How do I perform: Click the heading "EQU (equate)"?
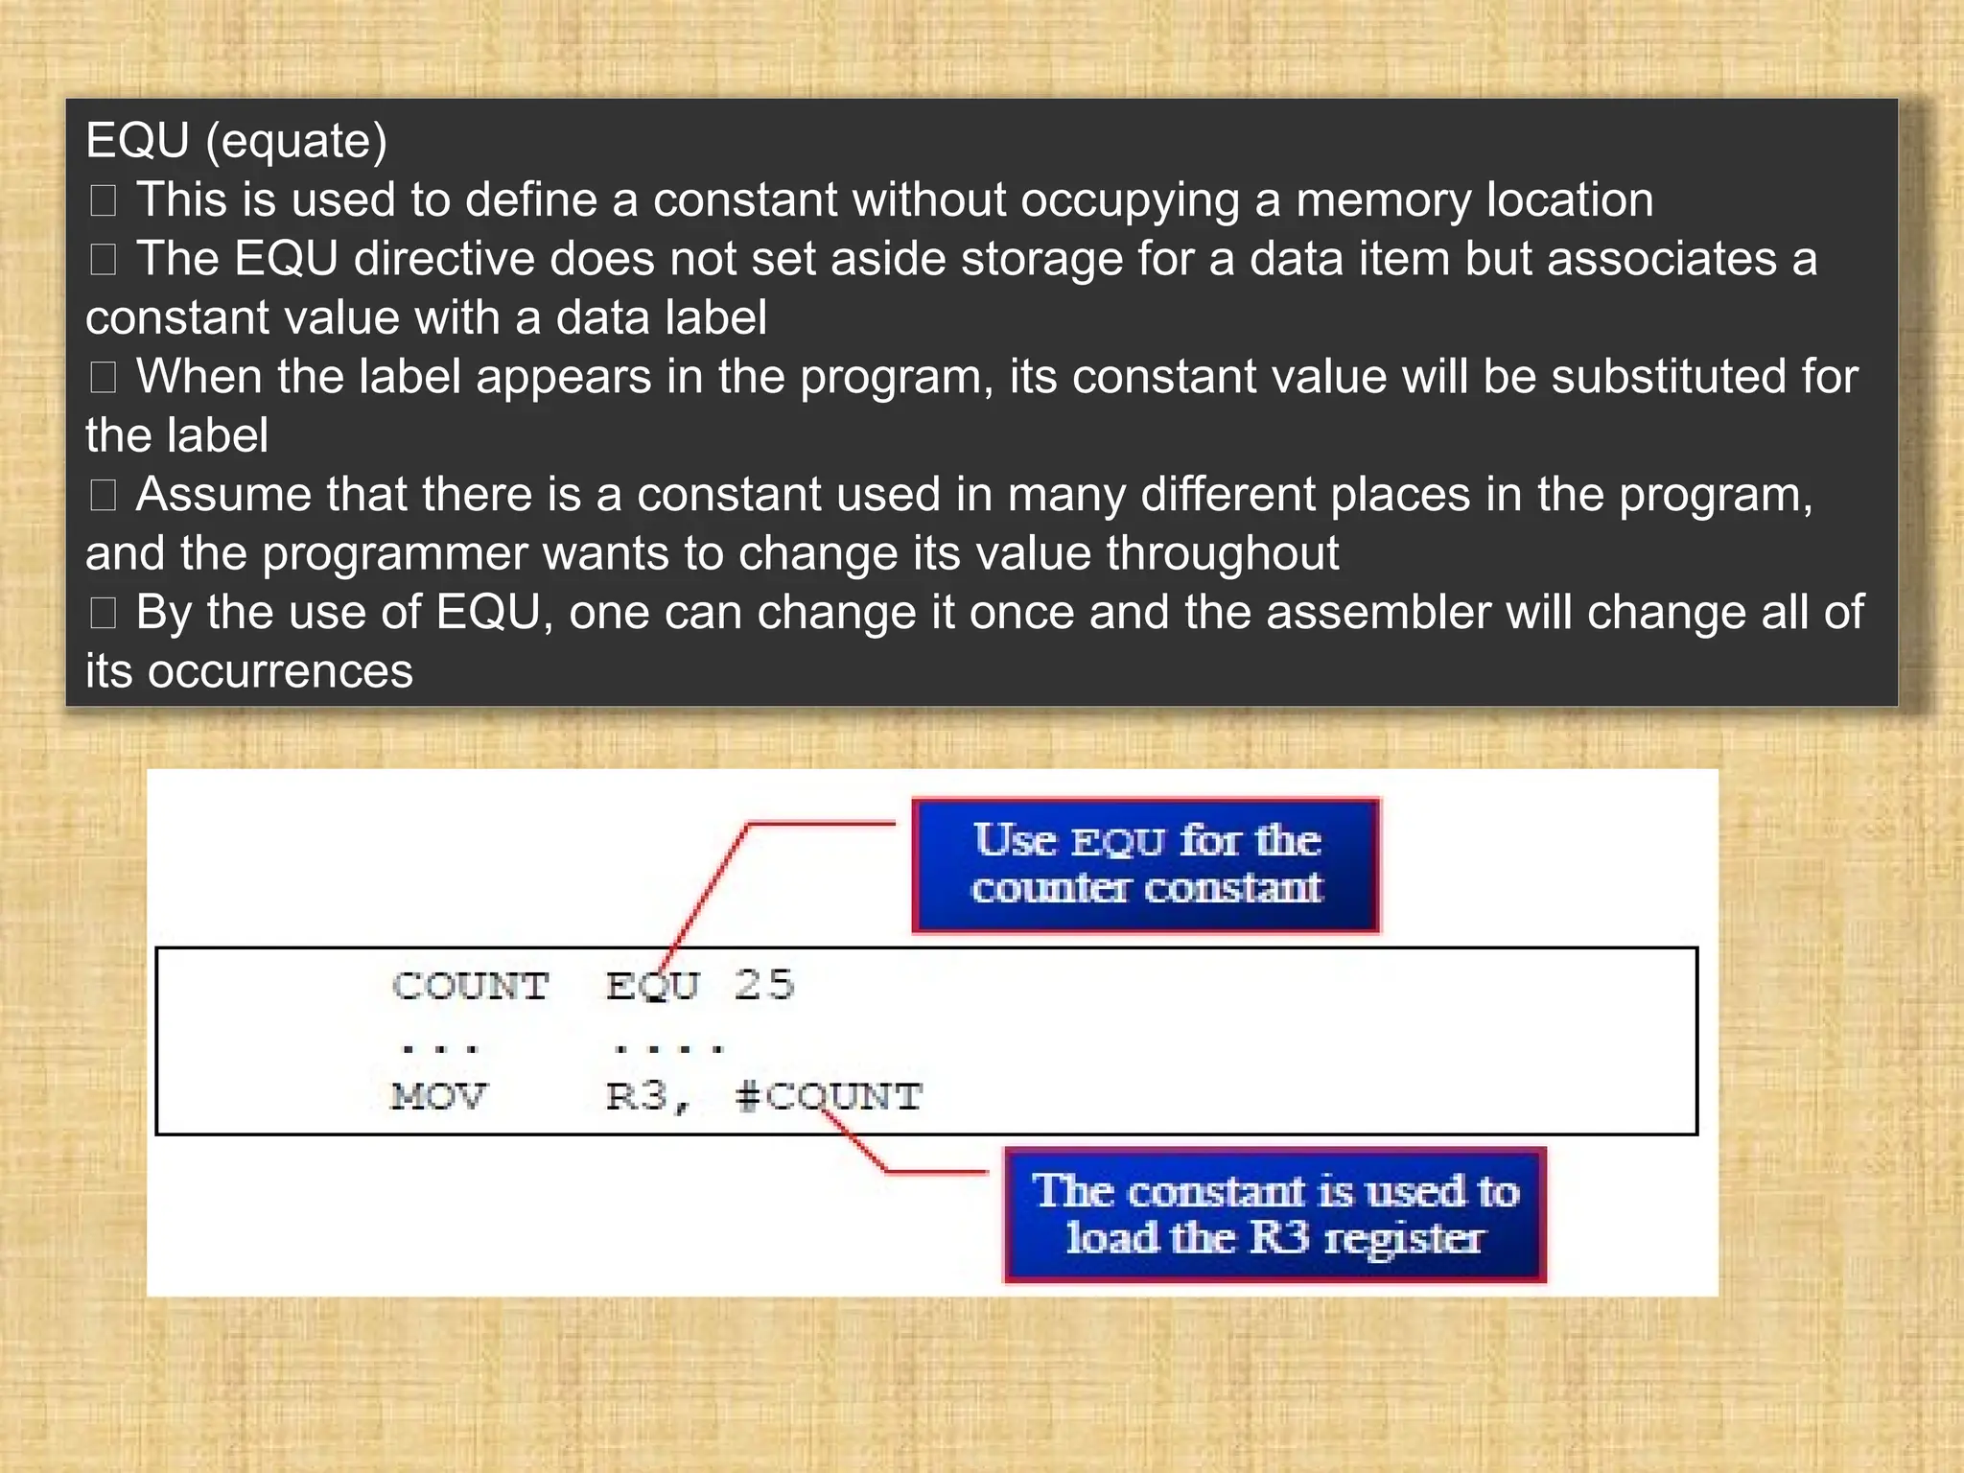click(x=236, y=141)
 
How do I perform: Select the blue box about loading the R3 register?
click(x=1274, y=1215)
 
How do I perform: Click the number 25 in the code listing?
click(x=764, y=986)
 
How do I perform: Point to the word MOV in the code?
click(x=439, y=1096)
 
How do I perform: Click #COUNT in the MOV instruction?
click(x=829, y=1096)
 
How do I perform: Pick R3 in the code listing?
click(x=638, y=1096)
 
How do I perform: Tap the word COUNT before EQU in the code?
click(x=470, y=986)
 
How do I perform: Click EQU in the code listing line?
click(x=653, y=986)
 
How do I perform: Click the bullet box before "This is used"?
click(x=103, y=200)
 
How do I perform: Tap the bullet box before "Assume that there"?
click(x=103, y=495)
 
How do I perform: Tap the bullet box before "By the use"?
click(x=103, y=613)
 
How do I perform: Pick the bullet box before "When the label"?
click(x=103, y=377)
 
